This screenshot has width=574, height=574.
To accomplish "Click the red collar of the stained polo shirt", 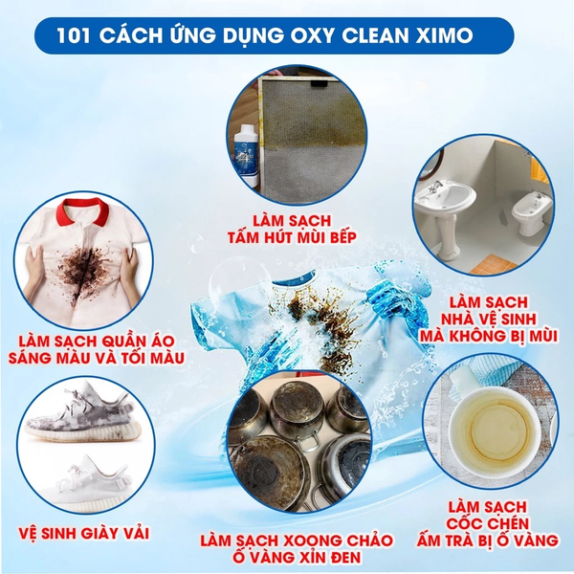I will coord(95,209).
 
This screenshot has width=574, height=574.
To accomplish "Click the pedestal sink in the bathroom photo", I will coord(445,207).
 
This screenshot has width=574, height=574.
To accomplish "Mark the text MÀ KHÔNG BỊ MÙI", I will coord(482,336).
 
